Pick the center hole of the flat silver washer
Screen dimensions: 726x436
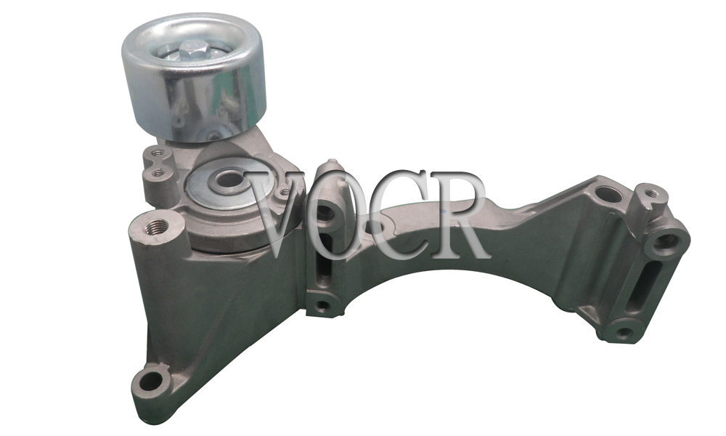(x=228, y=178)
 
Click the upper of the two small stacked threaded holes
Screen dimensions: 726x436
(x=157, y=152)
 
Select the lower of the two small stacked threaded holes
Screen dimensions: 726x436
(x=158, y=173)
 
